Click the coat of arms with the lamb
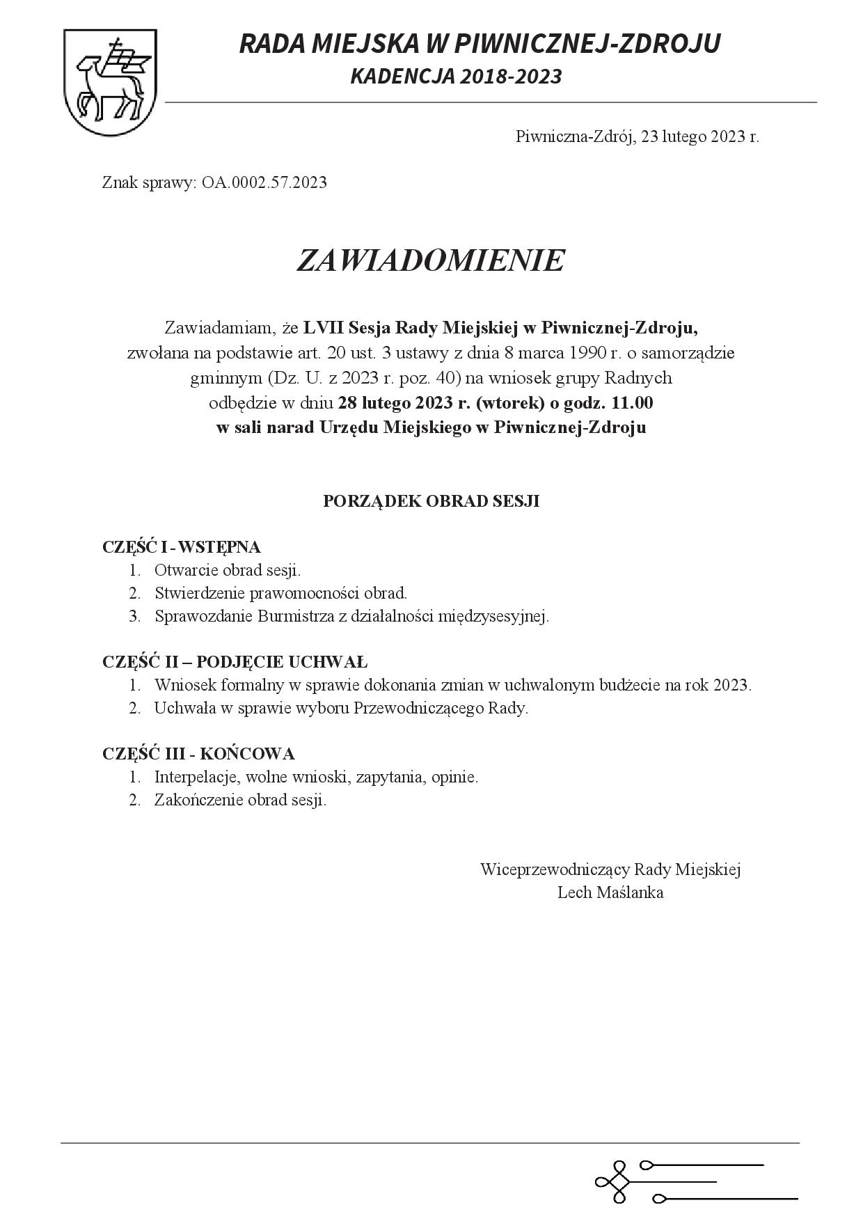(109, 83)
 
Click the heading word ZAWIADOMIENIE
(430, 260)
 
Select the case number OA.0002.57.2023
(264, 183)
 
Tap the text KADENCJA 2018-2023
(456, 77)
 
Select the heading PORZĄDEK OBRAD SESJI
(431, 501)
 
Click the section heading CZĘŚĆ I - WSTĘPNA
(181, 547)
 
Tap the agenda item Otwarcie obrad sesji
(228, 570)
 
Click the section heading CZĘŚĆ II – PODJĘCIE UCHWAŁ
(235, 662)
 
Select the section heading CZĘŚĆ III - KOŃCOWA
(198, 754)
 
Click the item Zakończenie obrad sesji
(240, 800)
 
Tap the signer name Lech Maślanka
(610, 892)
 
